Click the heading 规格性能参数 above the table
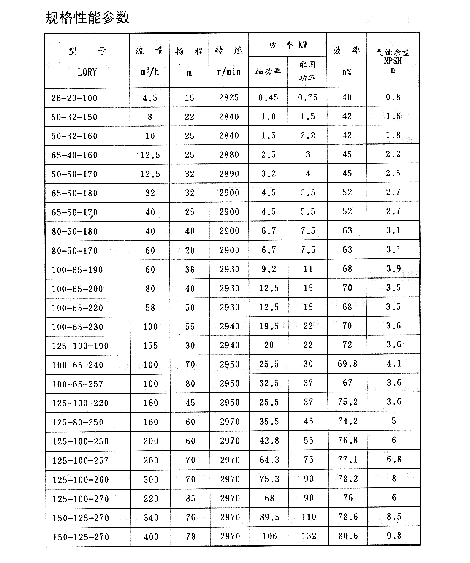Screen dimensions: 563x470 (87, 18)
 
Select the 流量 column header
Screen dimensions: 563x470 (149, 51)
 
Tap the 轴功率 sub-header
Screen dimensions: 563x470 (268, 72)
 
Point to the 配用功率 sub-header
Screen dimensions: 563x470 (307, 71)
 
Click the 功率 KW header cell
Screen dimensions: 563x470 (288, 45)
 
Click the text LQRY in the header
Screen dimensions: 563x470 (87, 72)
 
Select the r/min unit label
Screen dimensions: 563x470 (229, 72)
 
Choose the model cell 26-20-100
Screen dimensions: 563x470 (74, 98)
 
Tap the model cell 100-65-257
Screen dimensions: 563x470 (77, 384)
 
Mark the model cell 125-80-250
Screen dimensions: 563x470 (77, 422)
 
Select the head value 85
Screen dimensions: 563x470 (190, 498)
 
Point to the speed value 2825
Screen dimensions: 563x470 (229, 98)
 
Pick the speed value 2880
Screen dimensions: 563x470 (229, 155)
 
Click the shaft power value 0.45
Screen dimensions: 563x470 (268, 98)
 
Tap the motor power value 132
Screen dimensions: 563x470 (309, 536)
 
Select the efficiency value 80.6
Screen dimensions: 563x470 (348, 536)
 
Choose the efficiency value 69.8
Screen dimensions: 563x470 (348, 364)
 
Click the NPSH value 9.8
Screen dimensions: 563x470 (394, 536)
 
